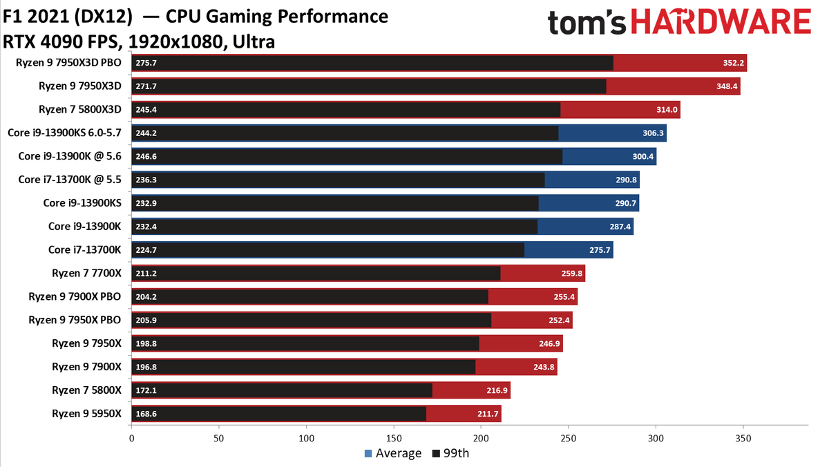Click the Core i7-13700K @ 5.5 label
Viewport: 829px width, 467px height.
click(70, 180)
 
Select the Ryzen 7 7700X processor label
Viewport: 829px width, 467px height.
click(86, 273)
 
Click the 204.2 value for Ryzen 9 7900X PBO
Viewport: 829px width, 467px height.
click(147, 296)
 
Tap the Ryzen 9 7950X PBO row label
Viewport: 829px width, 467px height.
click(75, 320)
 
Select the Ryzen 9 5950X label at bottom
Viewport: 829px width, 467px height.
click(86, 413)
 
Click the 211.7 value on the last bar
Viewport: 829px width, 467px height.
click(487, 414)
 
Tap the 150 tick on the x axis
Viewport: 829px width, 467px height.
click(394, 437)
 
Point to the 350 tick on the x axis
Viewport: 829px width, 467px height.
click(743, 437)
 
